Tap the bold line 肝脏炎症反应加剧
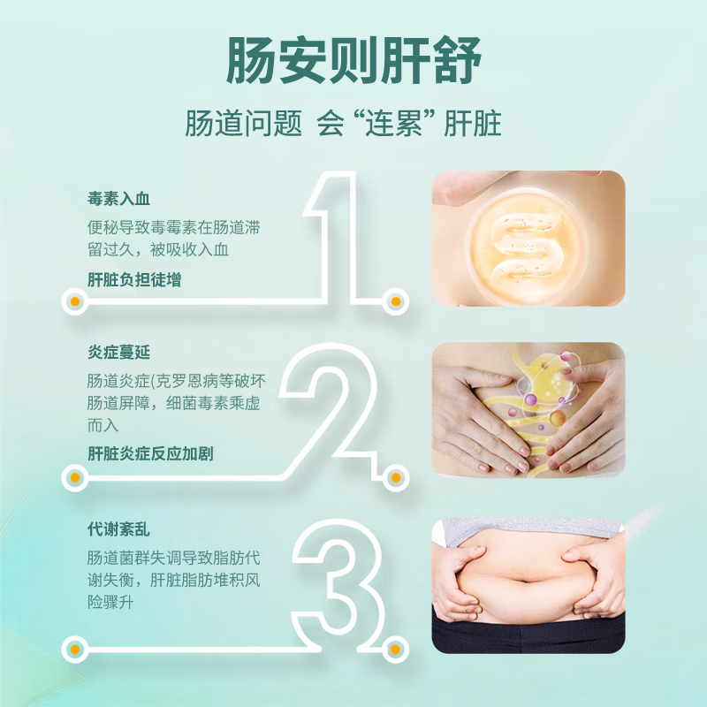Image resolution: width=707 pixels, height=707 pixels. [x=150, y=453]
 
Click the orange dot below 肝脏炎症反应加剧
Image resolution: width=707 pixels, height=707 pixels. [x=75, y=477]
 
